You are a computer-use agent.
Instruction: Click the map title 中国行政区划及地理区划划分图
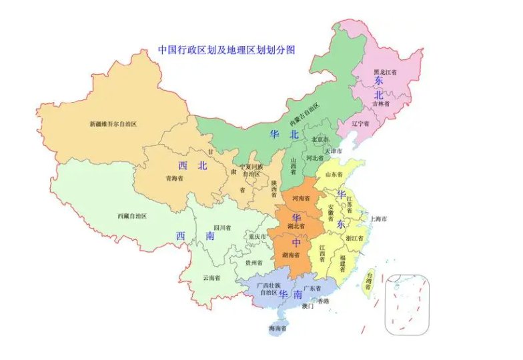(x=225, y=50)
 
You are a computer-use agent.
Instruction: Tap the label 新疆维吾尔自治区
(x=113, y=124)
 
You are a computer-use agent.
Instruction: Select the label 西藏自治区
(x=131, y=216)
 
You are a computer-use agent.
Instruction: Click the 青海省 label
(x=164, y=179)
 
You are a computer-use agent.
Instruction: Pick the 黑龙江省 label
(x=385, y=71)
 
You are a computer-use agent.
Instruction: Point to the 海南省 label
(x=276, y=329)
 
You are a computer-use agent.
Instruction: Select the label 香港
(x=323, y=301)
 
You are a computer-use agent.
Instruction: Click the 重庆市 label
(x=255, y=237)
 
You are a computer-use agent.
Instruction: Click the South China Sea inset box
(x=407, y=303)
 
